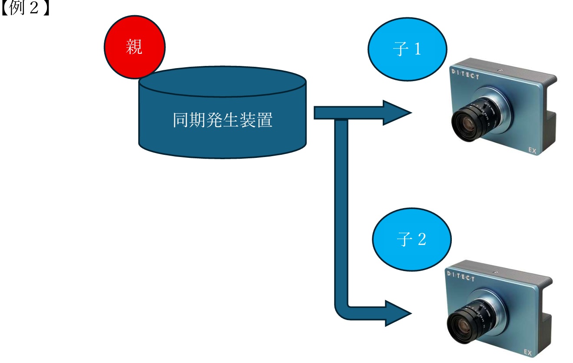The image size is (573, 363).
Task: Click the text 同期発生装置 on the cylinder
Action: [x=222, y=121]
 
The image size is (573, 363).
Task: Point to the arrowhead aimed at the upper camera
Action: [x=396, y=113]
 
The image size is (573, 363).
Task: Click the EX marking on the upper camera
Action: [x=533, y=150]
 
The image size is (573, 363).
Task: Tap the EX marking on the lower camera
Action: [x=528, y=352]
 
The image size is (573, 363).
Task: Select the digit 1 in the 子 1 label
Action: [x=417, y=49]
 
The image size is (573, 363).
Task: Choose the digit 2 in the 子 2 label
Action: [x=422, y=239]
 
